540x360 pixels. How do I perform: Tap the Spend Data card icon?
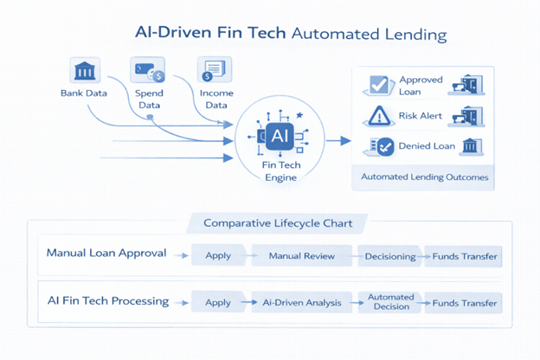tap(147, 70)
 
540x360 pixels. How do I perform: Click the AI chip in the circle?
tap(280, 136)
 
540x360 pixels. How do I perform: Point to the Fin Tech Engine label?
tap(280, 171)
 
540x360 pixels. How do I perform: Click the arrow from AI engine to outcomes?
tap(337, 140)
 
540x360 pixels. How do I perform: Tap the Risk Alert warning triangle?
tap(379, 116)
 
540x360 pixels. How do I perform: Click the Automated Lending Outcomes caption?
tap(424, 177)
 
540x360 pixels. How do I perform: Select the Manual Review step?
tap(301, 256)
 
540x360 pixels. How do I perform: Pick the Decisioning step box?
tap(391, 256)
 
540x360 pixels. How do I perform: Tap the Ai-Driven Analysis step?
tap(301, 303)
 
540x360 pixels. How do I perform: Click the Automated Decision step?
tap(391, 302)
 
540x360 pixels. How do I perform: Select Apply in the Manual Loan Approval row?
tap(217, 256)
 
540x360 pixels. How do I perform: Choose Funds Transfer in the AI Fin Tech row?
tap(465, 303)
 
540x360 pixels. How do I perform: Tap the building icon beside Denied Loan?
tap(472, 146)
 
